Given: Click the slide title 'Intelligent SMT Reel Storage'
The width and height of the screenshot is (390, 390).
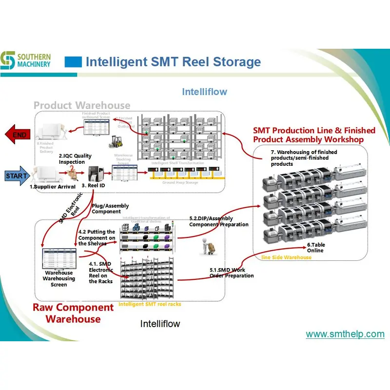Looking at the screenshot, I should [x=173, y=62].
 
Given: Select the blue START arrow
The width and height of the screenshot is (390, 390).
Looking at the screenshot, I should [x=16, y=175].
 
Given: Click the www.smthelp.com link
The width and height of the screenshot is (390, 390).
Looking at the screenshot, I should [x=345, y=334].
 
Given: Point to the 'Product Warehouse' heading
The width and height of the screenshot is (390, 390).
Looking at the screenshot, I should [x=82, y=105].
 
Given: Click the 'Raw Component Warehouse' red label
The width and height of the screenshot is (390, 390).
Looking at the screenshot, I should [x=73, y=313].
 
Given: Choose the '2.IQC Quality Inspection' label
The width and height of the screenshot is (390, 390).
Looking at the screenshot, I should [x=75, y=158].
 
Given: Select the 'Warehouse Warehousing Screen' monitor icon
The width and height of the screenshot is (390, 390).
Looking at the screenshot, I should [x=59, y=258].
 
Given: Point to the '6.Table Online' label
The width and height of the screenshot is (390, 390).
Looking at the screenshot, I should [x=315, y=247].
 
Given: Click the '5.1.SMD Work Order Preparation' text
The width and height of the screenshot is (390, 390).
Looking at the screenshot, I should [x=232, y=273].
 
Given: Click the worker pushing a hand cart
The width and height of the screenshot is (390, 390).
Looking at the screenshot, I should [x=205, y=247].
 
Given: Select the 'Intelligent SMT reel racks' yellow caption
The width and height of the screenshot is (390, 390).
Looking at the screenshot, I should [x=150, y=304].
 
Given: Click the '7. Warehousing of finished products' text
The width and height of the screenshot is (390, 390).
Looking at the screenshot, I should [x=304, y=158].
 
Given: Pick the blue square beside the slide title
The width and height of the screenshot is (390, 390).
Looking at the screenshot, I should [x=73, y=62].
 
